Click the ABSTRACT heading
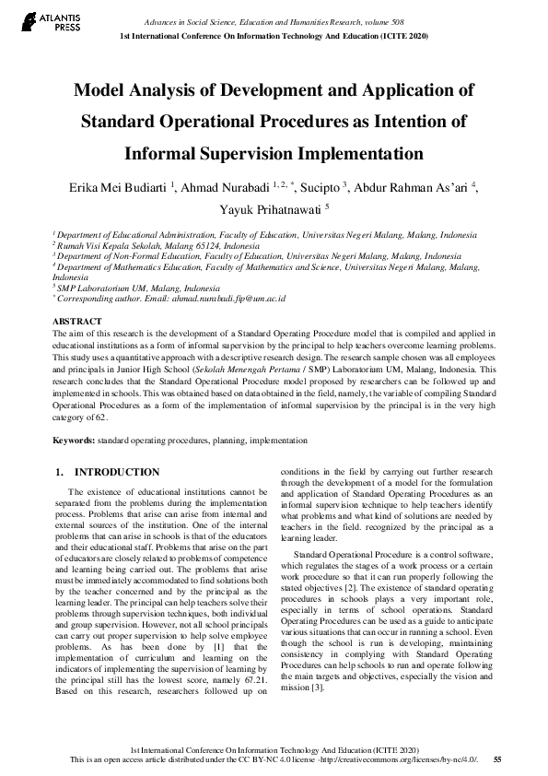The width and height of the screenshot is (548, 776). coord(76,321)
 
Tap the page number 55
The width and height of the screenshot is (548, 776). coord(497,758)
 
